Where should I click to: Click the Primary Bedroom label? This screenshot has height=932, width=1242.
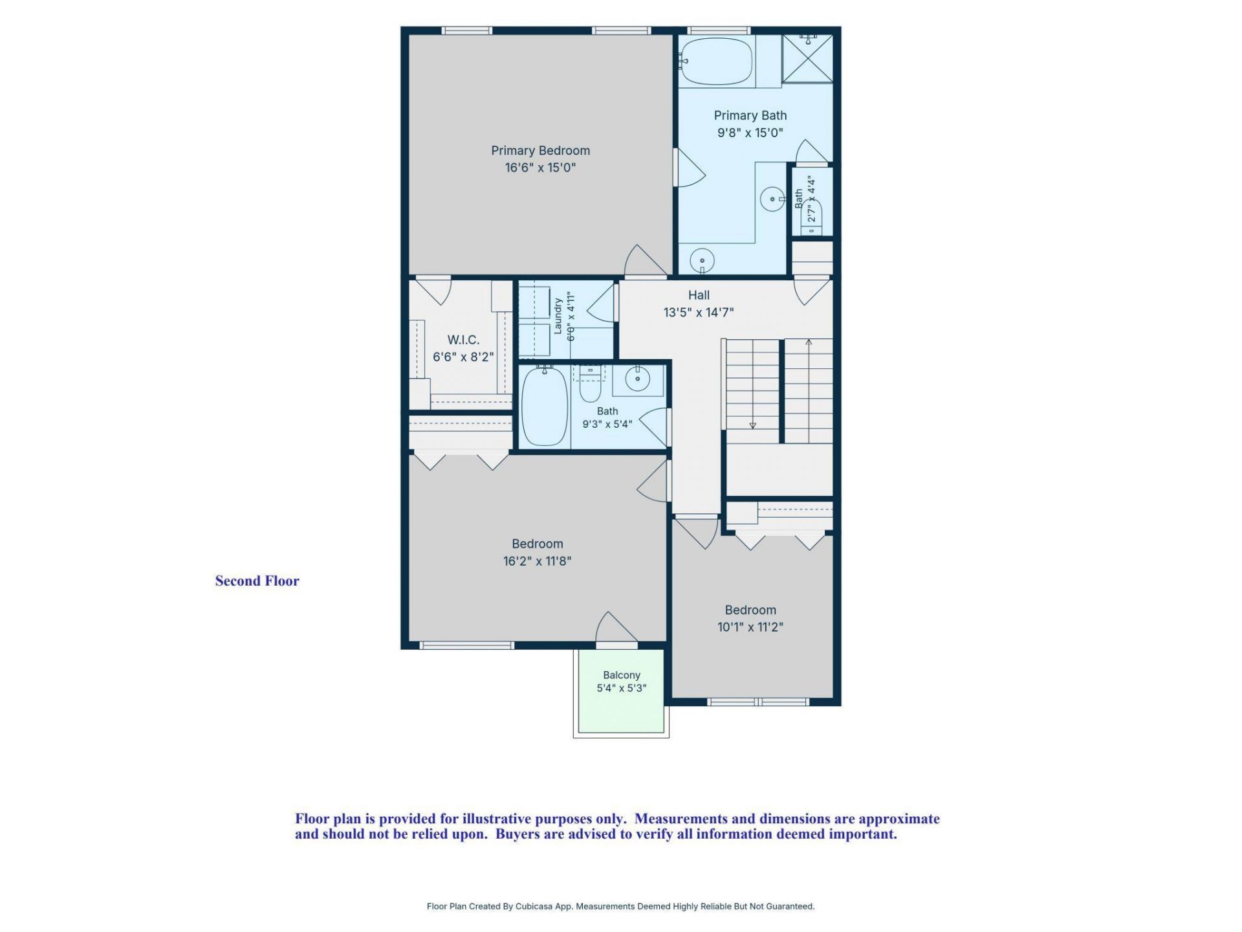[540, 150]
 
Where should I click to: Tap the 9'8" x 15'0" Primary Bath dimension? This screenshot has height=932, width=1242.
[750, 133]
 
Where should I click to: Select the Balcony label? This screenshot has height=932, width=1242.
[622, 675]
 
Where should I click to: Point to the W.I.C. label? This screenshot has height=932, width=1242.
[463, 340]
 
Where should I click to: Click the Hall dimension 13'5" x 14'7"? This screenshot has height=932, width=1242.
[699, 312]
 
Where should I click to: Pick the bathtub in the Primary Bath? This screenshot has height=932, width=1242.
[717, 61]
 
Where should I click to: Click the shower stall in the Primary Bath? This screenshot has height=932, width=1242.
[807, 58]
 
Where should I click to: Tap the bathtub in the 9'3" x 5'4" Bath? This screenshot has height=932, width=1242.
[545, 406]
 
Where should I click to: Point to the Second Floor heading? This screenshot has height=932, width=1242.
[257, 581]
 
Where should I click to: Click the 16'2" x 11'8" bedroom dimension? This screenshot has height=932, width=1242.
[538, 561]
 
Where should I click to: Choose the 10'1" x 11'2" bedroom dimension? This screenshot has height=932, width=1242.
[750, 627]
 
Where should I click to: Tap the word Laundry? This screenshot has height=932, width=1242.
[558, 316]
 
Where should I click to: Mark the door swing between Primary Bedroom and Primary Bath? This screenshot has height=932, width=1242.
[690, 168]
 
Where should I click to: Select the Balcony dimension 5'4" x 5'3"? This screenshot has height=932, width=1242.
[622, 688]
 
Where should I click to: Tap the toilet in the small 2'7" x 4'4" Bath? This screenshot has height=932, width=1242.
[812, 217]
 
